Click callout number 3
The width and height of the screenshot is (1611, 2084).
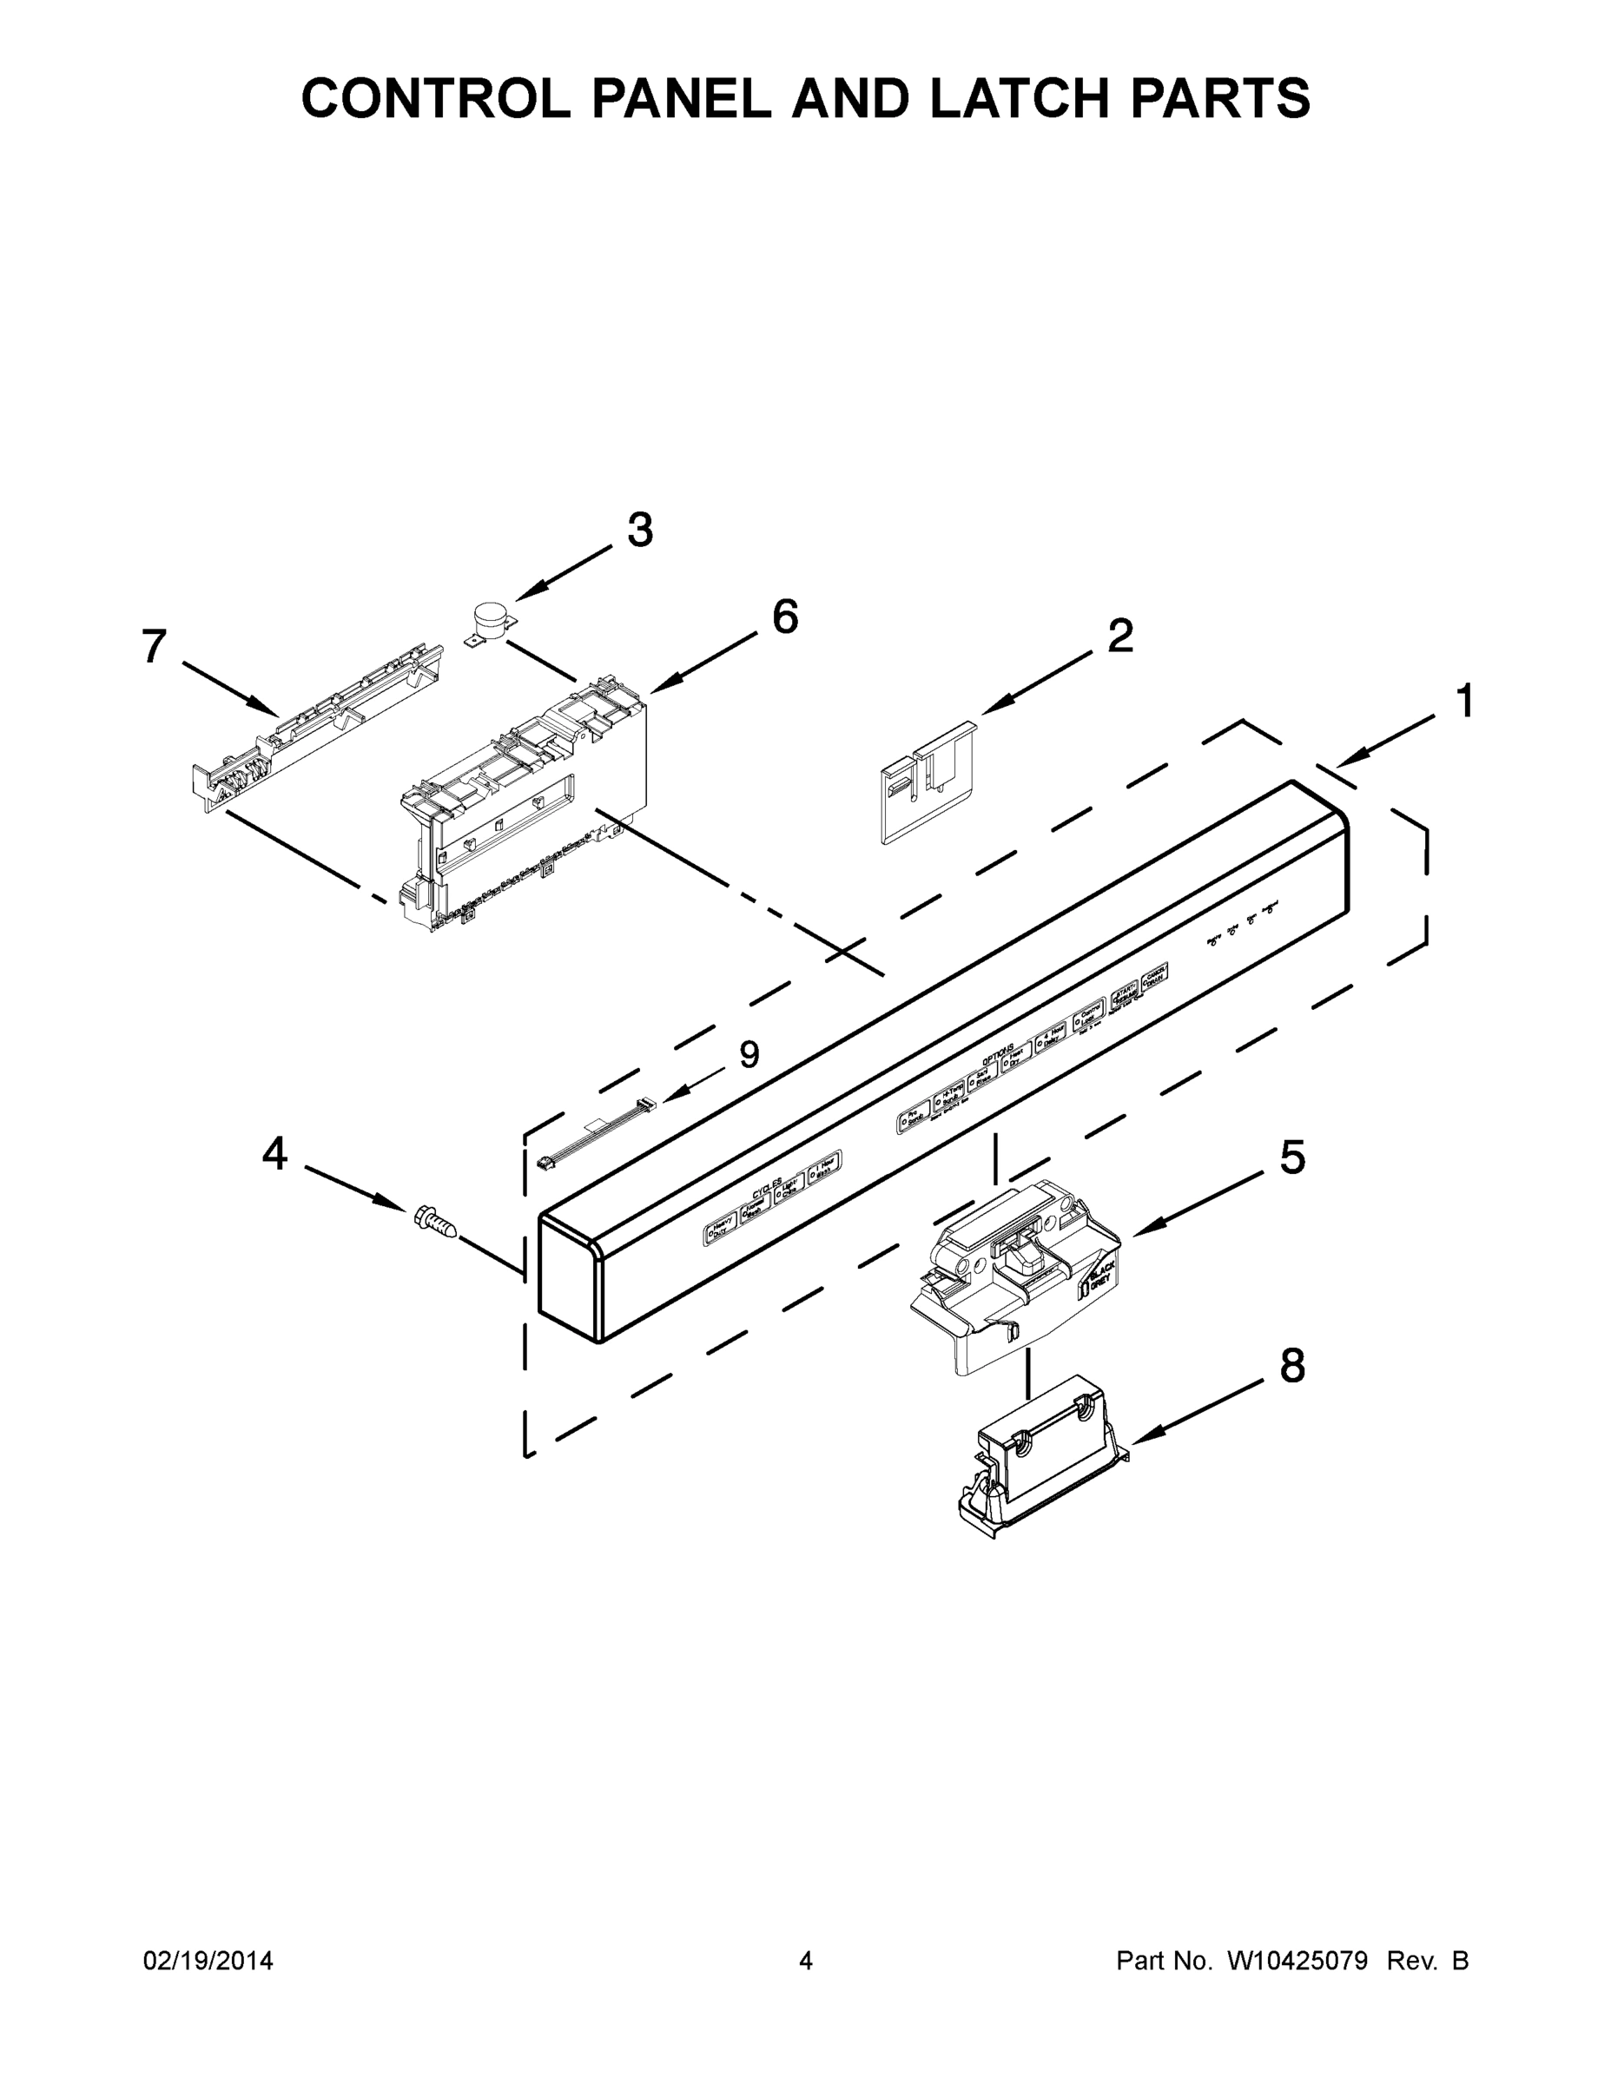click(639, 531)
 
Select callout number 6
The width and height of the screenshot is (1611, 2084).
click(784, 617)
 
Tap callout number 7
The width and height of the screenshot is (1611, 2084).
click(155, 647)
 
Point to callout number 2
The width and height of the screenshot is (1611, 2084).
click(1120, 636)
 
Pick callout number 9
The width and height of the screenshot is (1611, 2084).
click(749, 1054)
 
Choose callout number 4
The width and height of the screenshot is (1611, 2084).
click(274, 1155)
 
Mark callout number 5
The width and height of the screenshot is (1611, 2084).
click(1292, 1158)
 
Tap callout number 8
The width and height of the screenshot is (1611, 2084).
click(1292, 1367)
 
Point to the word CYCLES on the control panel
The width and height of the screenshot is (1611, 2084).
click(766, 1188)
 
